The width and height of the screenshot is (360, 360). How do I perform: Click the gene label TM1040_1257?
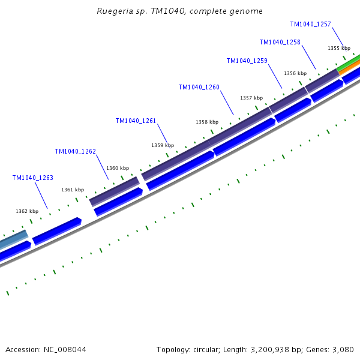point(310,24)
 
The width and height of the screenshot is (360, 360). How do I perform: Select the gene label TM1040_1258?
point(280,42)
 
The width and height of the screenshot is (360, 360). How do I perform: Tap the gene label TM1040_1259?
point(247,61)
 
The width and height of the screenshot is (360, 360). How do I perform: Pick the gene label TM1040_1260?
point(199,87)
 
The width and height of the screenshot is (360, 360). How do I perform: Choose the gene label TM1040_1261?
point(136,121)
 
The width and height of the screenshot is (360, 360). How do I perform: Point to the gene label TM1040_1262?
point(75,151)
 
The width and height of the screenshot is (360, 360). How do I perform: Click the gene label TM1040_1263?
point(32,178)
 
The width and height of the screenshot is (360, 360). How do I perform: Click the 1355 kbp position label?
point(339,48)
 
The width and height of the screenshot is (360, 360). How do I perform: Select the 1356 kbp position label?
point(295,73)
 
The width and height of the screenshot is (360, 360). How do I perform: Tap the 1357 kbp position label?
point(251,98)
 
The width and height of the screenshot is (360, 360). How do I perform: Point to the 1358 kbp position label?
point(207,122)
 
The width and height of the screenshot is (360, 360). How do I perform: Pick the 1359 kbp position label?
point(163,145)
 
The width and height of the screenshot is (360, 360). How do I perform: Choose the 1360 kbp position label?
point(118,168)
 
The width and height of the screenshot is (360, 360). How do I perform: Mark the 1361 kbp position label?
point(73,190)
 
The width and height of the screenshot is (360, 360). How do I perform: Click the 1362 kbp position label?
point(27,211)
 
